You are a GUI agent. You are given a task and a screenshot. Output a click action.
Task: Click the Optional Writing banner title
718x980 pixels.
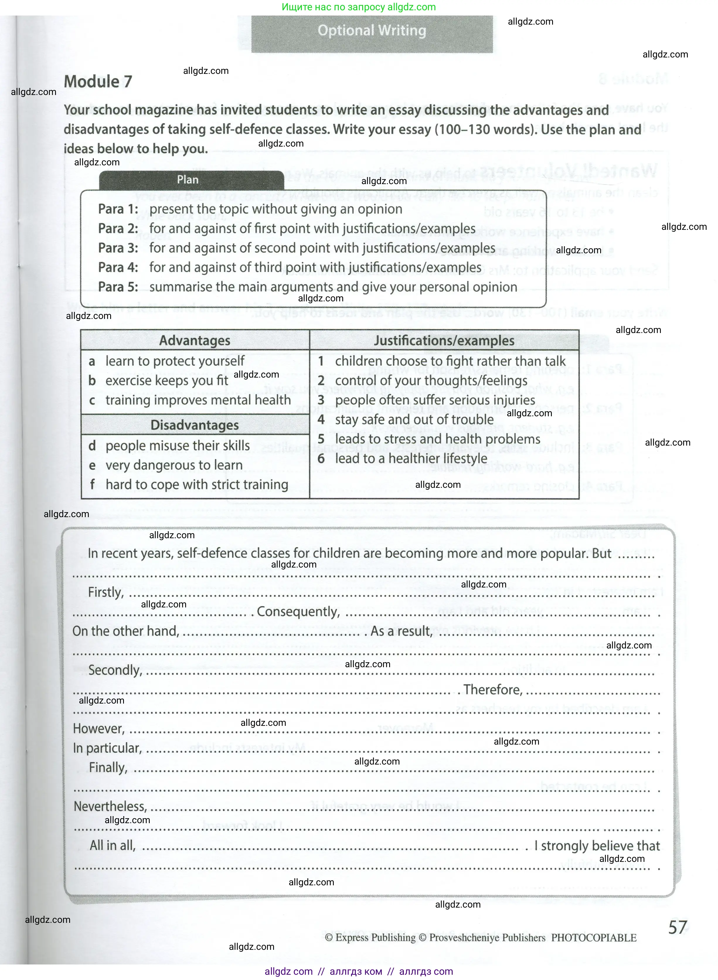372,31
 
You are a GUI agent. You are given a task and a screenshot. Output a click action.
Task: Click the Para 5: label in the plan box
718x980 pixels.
118,287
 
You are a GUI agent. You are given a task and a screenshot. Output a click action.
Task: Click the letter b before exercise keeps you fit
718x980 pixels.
92,381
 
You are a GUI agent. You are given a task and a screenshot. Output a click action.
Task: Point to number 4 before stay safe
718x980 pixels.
321,419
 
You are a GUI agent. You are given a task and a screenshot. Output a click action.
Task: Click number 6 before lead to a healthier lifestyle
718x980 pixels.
321,459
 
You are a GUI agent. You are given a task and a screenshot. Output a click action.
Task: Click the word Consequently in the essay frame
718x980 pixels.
298,612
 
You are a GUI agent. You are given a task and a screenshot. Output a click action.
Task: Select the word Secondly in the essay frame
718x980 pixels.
115,670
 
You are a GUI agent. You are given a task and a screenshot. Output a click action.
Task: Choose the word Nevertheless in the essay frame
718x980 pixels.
110,806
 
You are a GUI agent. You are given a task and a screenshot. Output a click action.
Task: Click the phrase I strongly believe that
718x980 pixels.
597,846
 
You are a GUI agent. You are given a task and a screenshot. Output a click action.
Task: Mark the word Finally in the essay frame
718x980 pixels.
108,768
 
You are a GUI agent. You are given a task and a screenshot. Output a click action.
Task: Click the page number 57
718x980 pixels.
678,928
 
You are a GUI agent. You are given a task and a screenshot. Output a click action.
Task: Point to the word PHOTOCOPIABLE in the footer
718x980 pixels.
594,938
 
